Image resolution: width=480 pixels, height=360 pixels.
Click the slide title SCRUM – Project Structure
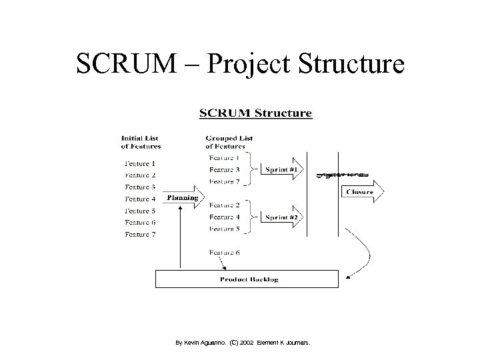[240, 64]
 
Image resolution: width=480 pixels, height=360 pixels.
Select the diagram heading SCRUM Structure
[255, 113]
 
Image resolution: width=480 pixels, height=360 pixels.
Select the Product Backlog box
[249, 279]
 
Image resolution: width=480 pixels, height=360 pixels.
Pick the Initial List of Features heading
[141, 142]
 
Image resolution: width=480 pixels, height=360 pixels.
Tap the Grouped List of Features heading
[229, 142]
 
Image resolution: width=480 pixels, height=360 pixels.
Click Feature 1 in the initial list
[140, 163]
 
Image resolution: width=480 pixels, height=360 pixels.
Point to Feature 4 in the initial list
[140, 199]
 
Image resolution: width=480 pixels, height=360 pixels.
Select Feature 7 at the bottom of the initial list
[140, 234]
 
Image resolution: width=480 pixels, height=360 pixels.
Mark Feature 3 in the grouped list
[224, 170]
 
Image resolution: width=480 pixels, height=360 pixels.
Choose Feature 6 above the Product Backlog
[224, 253]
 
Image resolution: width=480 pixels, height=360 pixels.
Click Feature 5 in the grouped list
[224, 229]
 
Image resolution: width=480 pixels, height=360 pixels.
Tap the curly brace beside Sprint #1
[251, 169]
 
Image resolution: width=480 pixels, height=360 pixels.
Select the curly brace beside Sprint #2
[251, 217]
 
